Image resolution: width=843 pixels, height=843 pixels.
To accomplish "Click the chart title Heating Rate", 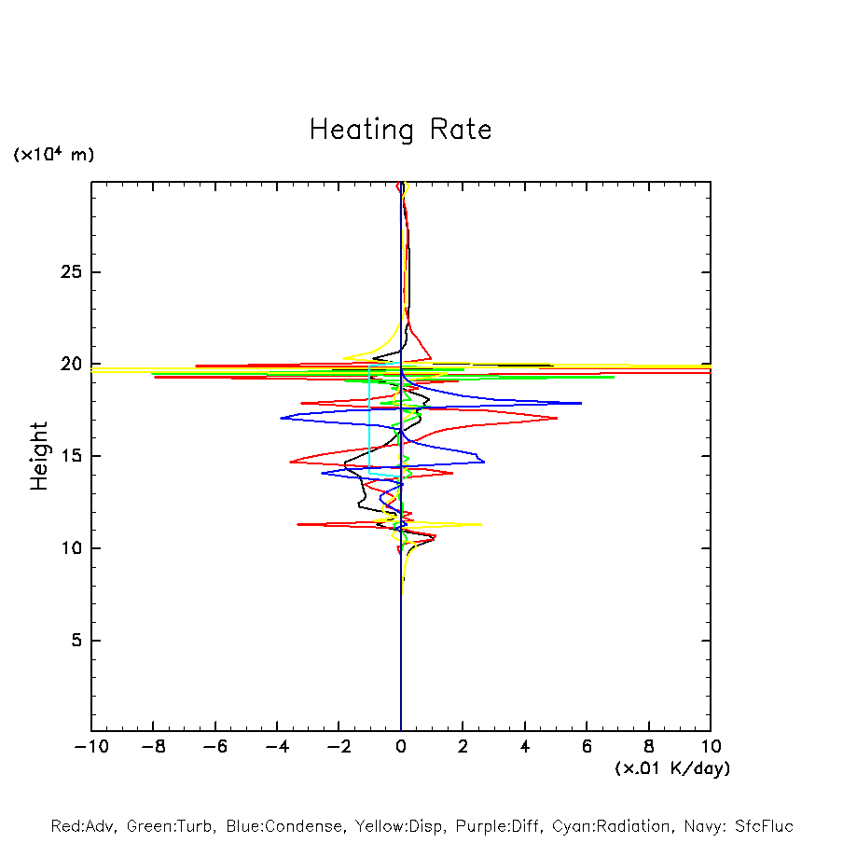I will [x=400, y=130].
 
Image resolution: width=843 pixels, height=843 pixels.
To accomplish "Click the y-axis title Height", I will [x=39, y=456].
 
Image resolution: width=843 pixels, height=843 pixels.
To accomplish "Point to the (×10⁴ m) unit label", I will [x=53, y=155].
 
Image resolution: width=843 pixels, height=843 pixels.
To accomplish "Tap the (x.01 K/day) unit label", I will [x=672, y=768].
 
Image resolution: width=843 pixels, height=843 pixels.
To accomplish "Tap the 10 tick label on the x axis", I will [x=711, y=747].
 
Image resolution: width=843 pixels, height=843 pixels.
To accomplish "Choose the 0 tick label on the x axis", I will [x=401, y=747].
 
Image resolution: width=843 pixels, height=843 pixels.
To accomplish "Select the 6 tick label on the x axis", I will [x=587, y=747].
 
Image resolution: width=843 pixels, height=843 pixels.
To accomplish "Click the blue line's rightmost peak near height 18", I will [x=580, y=403].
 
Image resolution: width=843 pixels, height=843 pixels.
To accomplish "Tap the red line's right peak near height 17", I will [x=557, y=418].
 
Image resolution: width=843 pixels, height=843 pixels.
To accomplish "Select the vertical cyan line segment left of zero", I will [x=370, y=420].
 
